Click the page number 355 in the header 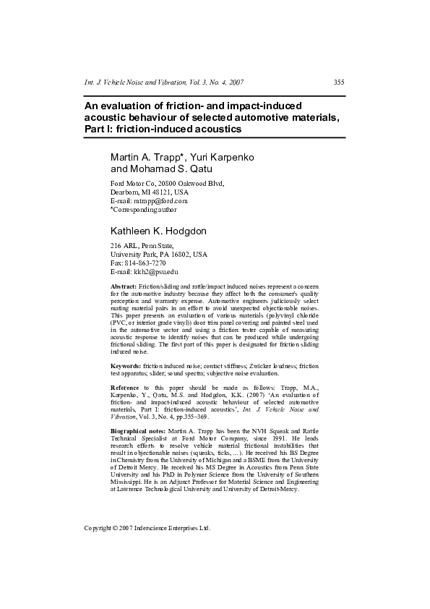point(338,83)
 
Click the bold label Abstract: point(124,287)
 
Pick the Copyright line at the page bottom point(147,528)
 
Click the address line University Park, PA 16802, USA point(158,255)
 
